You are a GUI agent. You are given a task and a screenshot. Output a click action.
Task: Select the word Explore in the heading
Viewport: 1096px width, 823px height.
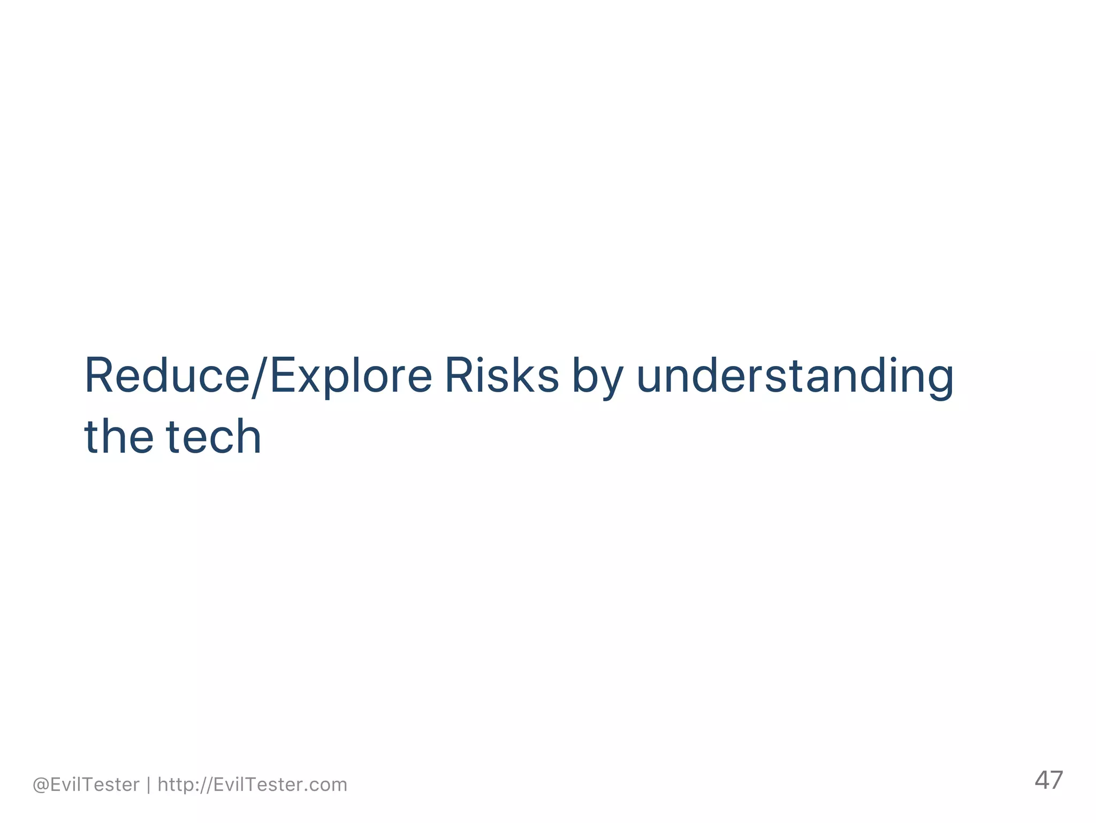coord(351,376)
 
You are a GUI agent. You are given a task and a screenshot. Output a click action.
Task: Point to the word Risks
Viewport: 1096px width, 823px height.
coord(501,376)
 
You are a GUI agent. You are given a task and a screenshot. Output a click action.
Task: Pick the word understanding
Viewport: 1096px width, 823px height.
coord(795,377)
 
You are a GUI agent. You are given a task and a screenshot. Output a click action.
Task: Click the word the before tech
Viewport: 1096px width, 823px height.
coord(119,437)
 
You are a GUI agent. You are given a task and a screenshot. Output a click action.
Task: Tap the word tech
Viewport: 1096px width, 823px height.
coord(214,437)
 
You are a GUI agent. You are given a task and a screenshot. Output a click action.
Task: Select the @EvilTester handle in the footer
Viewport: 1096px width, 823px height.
coord(86,784)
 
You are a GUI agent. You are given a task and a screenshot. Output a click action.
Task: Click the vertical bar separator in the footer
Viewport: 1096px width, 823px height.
coord(149,784)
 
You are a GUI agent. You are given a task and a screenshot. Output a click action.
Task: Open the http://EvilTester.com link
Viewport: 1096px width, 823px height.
coord(253,784)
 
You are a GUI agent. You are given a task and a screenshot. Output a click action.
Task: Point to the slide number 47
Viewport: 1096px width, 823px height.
coord(1048,780)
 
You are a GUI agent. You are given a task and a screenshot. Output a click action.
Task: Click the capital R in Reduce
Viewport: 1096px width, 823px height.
coord(99,376)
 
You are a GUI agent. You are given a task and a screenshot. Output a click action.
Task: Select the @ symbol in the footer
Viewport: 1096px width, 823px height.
coord(41,785)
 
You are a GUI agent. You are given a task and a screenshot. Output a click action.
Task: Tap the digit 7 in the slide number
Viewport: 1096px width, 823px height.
coord(1056,780)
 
